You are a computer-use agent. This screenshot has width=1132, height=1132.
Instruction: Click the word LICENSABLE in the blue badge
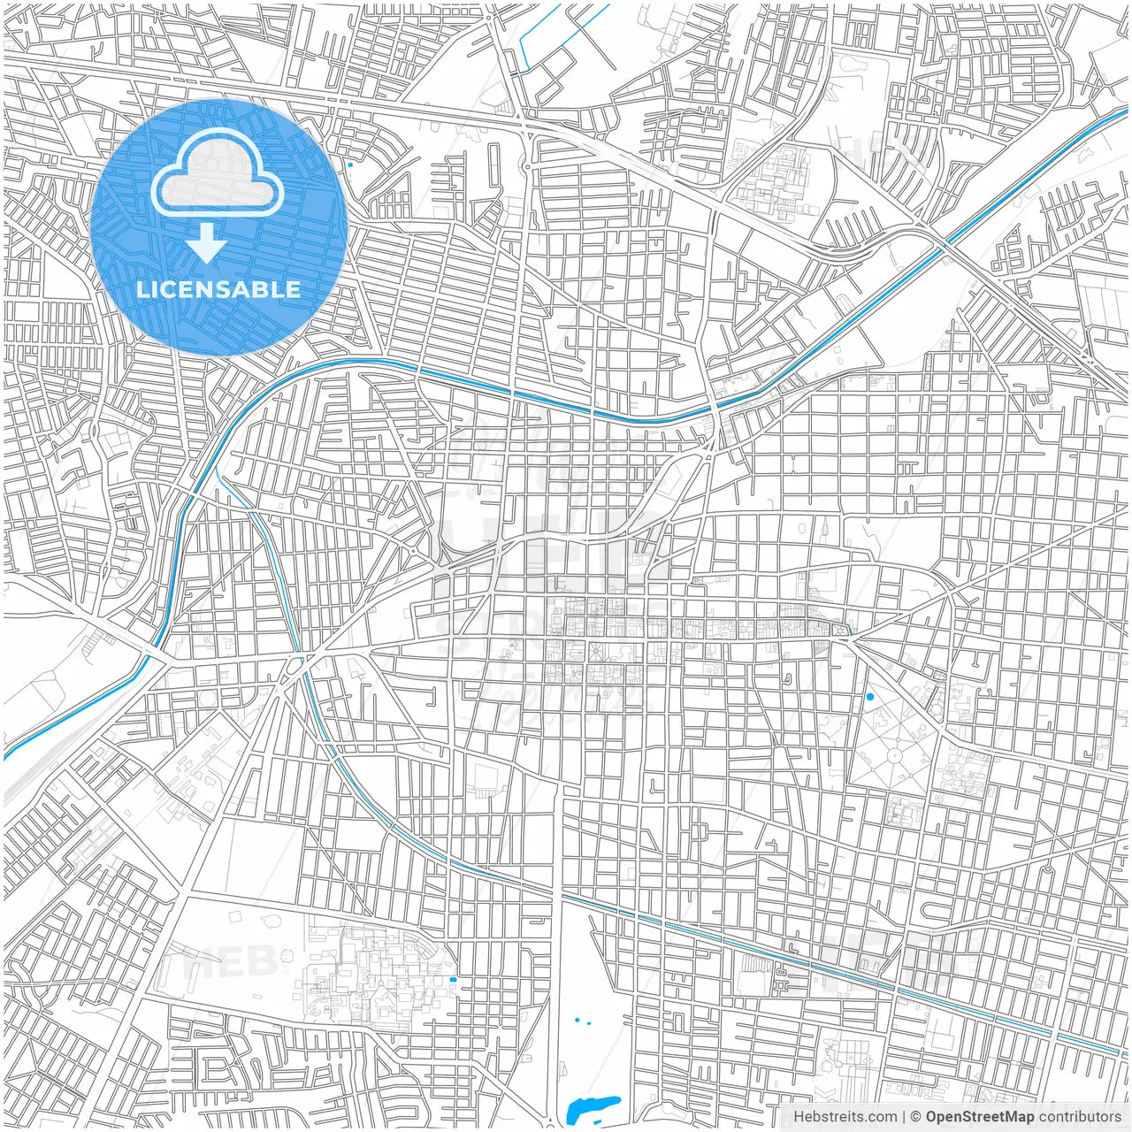pos(218,289)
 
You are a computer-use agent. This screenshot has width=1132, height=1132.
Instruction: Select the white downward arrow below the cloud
pos(207,242)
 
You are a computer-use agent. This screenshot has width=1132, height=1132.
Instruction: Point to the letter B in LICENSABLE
pos(263,289)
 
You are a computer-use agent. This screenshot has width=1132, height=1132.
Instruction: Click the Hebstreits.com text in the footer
pos(845,1117)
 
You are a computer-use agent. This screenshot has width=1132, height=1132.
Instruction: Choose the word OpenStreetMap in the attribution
pos(980,1117)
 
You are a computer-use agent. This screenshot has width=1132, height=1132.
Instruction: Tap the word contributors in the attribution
pos(1080,1117)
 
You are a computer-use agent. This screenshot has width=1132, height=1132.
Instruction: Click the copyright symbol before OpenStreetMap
pos(916,1117)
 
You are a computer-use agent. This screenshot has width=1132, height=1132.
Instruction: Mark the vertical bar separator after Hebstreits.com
pos(904,1117)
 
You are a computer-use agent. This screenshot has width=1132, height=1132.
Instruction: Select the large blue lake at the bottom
pos(592,1105)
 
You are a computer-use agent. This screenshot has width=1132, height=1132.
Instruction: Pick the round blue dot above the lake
pos(577,1020)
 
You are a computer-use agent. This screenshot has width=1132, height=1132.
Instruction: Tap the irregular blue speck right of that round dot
pos(589,1022)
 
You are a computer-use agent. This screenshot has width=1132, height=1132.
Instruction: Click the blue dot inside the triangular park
pos(870,697)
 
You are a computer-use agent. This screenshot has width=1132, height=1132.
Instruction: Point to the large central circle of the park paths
pos(895,756)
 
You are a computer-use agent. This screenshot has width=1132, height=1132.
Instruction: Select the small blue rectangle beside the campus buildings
pos(454,980)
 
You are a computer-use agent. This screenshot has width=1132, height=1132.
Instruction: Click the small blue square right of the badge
pos(351,164)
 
